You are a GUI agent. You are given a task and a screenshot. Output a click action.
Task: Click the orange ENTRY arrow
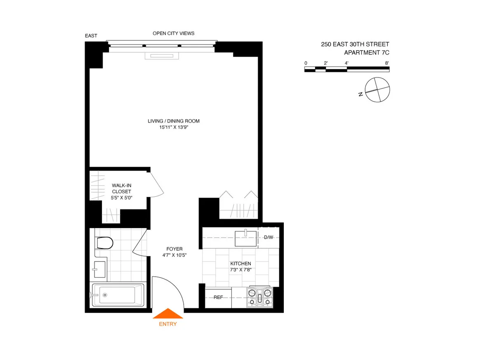click(168, 314)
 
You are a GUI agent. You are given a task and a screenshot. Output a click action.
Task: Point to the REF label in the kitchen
click(218, 297)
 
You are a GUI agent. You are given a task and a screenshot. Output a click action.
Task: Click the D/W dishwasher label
click(269, 237)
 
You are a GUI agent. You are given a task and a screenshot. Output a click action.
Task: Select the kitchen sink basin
click(246, 238)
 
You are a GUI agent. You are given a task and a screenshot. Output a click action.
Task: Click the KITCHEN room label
click(240, 264)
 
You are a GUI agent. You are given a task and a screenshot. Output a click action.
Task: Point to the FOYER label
click(174, 249)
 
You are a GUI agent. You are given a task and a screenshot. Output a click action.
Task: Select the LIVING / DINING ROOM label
click(174, 121)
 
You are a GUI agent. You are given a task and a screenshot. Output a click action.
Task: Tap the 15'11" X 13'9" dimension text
click(174, 127)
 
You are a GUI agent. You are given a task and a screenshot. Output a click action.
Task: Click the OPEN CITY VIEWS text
click(173, 33)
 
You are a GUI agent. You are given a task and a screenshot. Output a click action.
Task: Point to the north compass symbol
click(377, 90)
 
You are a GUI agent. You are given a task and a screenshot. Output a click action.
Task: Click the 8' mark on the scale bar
click(387, 63)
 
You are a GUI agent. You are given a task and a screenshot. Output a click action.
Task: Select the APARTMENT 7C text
click(367, 52)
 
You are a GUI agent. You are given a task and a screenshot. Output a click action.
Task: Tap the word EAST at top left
click(91, 36)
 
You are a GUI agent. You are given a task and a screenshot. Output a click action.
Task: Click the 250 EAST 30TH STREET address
click(355, 44)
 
